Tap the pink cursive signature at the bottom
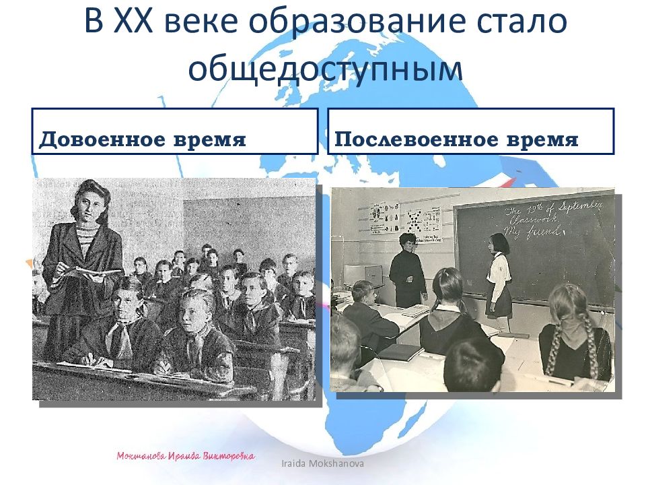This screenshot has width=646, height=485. pyautogui.click(x=186, y=456)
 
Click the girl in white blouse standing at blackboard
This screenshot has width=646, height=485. pyautogui.click(x=499, y=276)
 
